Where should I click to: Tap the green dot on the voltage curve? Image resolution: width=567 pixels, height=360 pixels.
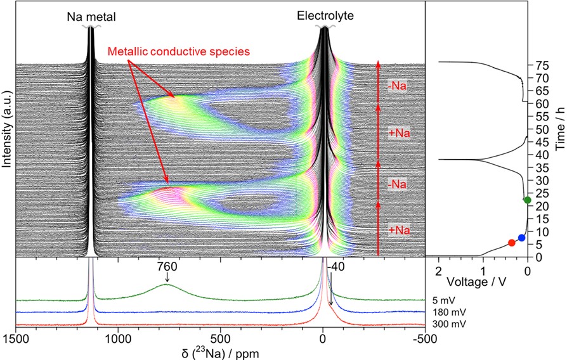[x=527, y=200]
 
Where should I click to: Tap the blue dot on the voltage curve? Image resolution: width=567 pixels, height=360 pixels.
[x=521, y=238]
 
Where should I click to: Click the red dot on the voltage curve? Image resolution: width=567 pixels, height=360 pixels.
[x=512, y=243]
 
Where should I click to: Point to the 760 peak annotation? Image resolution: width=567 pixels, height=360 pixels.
[x=167, y=267]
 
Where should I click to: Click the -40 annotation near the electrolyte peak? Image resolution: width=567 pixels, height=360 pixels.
[x=336, y=267]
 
